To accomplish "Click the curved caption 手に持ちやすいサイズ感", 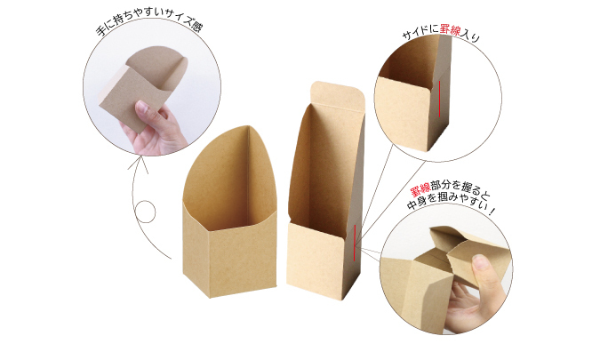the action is (x=149, y=22).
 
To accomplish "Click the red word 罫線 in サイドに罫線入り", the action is (x=450, y=30).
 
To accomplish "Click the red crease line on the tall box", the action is (x=355, y=243).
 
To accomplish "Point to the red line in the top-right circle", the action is (x=439, y=99).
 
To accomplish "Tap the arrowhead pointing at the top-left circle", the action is (x=139, y=164).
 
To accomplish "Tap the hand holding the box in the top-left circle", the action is (x=155, y=128).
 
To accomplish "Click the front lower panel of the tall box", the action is (x=316, y=260).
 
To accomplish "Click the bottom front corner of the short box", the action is (x=210, y=298).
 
